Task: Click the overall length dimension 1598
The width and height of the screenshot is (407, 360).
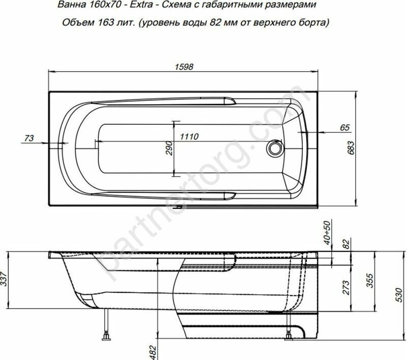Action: click(184, 67)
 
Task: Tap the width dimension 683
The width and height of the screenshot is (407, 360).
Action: click(351, 148)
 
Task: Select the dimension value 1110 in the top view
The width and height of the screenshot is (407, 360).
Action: click(189, 136)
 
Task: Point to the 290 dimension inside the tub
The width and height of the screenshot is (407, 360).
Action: click(169, 148)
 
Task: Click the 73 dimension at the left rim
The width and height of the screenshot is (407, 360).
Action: click(29, 138)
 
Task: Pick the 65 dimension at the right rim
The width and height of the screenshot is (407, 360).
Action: click(345, 127)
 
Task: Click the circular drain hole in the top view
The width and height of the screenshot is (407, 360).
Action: click(275, 148)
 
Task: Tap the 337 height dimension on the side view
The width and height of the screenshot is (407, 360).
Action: click(4, 279)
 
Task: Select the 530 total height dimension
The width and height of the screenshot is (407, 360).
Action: click(400, 295)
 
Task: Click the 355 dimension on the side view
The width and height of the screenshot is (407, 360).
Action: click(370, 280)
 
